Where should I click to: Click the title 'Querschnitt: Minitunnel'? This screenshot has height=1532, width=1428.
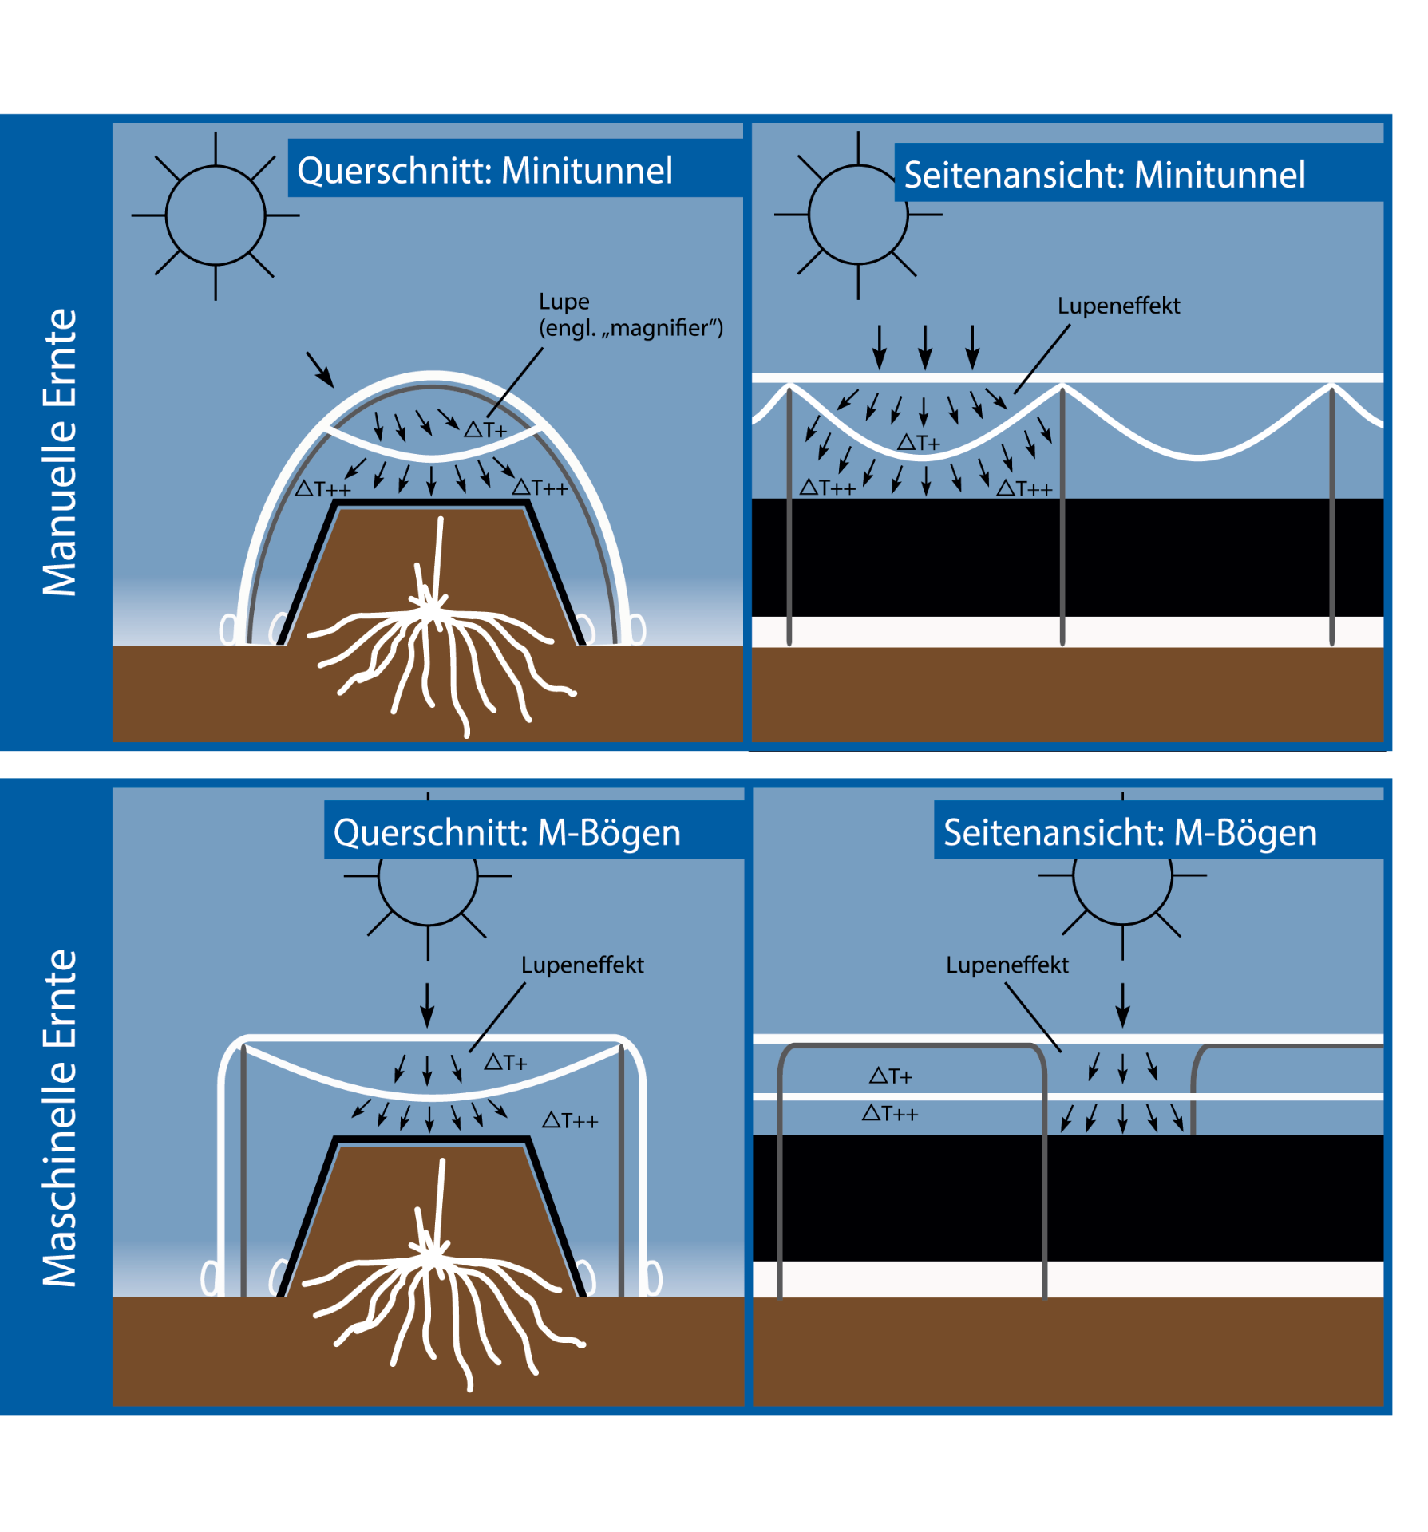click(485, 171)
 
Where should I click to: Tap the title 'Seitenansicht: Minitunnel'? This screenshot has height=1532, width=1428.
click(1104, 176)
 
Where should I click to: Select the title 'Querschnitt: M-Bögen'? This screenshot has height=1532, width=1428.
click(507, 833)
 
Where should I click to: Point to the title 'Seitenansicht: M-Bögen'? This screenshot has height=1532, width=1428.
click(1129, 833)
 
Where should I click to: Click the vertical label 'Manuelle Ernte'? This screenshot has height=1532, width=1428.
click(60, 452)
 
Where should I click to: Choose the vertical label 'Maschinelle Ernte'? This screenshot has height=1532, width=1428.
click(60, 1117)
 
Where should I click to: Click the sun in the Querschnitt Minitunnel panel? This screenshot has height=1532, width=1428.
click(216, 215)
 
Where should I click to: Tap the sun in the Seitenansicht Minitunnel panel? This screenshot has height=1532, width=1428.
click(858, 215)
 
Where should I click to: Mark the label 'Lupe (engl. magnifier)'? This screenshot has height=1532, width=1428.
click(631, 315)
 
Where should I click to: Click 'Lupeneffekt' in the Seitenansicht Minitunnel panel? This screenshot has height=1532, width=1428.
click(1118, 306)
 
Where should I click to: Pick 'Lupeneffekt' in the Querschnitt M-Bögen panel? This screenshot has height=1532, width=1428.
click(582, 965)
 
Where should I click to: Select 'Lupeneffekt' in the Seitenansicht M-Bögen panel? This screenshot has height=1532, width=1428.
click(1007, 965)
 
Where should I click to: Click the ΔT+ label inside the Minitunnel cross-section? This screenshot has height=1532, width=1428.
click(485, 430)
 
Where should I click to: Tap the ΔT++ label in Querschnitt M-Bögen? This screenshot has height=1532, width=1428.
click(570, 1121)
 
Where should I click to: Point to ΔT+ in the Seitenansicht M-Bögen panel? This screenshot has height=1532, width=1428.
click(890, 1076)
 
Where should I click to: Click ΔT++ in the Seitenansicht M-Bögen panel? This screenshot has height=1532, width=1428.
click(890, 1113)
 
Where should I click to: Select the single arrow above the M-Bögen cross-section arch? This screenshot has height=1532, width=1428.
click(427, 1005)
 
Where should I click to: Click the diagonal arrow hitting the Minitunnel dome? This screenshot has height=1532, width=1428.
click(320, 369)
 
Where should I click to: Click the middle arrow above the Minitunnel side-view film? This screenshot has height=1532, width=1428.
click(925, 347)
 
